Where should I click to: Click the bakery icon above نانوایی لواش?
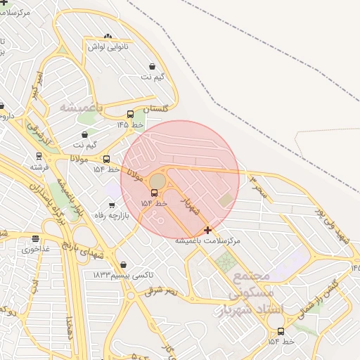pos(108,37)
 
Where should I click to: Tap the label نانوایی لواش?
pos(106,46)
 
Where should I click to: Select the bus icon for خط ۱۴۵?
pos(130,114)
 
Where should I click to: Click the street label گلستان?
pos(156,110)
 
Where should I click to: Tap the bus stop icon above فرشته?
pos(39,157)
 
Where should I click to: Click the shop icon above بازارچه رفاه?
pos(112,205)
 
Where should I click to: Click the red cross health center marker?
pos(207,230)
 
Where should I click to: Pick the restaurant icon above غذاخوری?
pos(36,239)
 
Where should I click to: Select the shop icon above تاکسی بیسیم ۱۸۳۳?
pos(124,264)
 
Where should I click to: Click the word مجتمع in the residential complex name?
pos(250,276)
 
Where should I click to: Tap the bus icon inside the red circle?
pos(154,193)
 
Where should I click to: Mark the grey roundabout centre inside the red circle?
pos(157,181)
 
